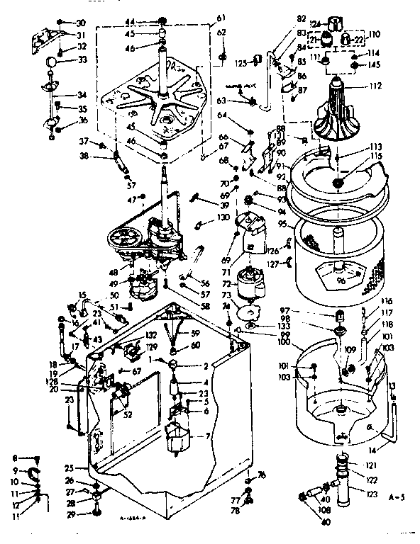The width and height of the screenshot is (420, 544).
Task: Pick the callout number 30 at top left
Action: click(x=80, y=23)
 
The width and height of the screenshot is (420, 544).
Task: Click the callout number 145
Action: click(x=375, y=65)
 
